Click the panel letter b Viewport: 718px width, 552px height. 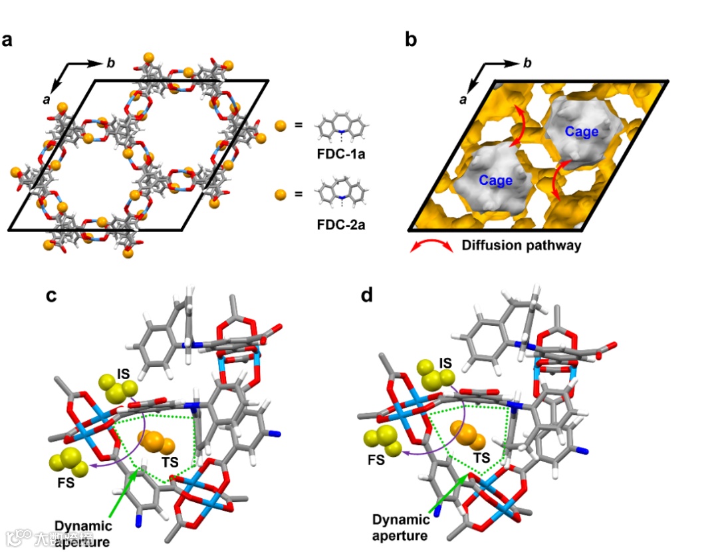click(412, 40)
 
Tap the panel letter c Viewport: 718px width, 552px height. click(51, 295)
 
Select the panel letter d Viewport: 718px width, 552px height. click(366, 295)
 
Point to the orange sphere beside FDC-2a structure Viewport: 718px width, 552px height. click(281, 194)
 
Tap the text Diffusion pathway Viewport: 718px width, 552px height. click(521, 245)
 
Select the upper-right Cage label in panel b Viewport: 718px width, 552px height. click(582, 132)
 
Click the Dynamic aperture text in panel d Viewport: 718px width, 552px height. click(400, 526)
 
